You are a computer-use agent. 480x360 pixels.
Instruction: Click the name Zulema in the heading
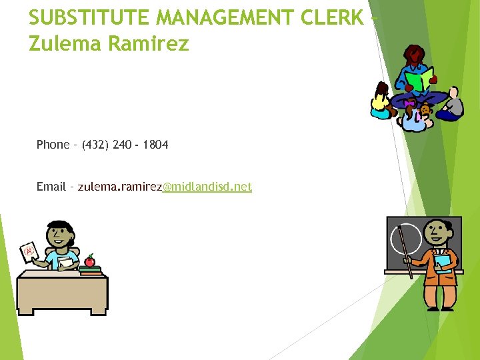61,44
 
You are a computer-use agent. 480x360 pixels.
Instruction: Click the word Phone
53,145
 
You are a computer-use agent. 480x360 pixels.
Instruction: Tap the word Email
51,187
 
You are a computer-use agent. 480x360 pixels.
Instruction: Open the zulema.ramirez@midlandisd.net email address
165,187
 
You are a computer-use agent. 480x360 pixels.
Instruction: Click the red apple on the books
89,261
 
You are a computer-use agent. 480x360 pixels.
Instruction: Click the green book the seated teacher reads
419,80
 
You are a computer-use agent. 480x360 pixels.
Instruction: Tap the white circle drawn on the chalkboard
405,239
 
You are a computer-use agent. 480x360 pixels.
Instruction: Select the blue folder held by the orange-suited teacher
443,262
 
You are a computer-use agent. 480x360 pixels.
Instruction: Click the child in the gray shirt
453,105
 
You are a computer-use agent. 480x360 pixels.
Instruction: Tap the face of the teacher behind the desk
59,233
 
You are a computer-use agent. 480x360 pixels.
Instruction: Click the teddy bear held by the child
424,110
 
